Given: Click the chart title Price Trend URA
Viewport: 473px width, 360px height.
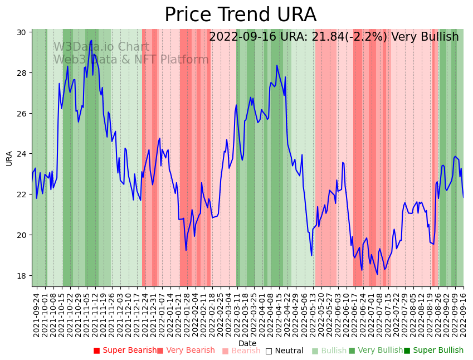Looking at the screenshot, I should point(240,15).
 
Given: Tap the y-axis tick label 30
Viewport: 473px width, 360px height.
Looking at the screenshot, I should point(22,32).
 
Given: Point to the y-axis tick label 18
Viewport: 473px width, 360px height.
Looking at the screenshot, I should point(22,275).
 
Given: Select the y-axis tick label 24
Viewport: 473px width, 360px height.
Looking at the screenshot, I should point(22,154).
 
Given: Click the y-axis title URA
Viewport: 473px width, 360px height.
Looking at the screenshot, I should point(9,158).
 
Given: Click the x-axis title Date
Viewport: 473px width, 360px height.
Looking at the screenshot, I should point(247,343).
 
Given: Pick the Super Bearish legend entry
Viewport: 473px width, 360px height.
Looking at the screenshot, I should point(125,351).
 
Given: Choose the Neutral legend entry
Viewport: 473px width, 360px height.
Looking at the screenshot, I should point(284,351).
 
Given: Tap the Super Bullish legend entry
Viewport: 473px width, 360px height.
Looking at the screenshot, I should point(433,351).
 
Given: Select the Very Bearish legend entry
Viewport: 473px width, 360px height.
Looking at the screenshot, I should point(186,351).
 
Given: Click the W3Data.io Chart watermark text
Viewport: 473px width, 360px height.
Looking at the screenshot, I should point(101,47).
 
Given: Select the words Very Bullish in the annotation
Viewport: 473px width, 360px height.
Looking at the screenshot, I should point(425,37).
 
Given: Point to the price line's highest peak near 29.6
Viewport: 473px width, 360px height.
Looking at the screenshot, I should point(91,41).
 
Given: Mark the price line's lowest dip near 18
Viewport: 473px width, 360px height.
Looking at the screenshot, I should point(377,274).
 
